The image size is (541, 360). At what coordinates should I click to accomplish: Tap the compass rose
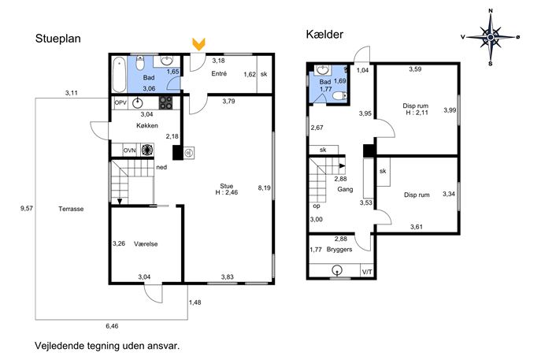click(x=491, y=36)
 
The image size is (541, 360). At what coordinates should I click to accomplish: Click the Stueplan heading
click(x=58, y=39)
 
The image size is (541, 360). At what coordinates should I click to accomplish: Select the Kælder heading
click(x=324, y=35)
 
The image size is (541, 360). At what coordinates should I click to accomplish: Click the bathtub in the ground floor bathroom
click(x=120, y=75)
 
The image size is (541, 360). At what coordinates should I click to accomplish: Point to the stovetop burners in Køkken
click(x=165, y=102)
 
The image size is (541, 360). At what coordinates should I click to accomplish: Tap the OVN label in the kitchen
click(x=130, y=150)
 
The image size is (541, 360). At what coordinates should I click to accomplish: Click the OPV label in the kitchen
click(x=120, y=102)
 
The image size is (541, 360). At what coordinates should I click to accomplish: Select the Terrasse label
click(x=71, y=209)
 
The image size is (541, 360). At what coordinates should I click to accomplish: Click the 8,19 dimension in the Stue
click(x=265, y=188)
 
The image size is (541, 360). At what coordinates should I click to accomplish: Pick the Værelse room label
click(x=146, y=244)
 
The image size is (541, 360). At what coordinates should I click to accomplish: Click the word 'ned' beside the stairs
click(x=161, y=168)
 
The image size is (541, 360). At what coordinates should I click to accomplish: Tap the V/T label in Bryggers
click(x=367, y=273)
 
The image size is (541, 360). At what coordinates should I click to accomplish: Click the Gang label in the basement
click(x=345, y=189)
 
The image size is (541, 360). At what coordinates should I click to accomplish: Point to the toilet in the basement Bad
click(x=341, y=95)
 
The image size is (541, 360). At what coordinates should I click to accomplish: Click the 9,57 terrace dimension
click(x=27, y=208)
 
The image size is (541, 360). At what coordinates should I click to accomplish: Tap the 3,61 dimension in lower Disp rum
click(x=417, y=227)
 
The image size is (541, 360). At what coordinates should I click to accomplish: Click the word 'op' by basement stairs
click(x=317, y=206)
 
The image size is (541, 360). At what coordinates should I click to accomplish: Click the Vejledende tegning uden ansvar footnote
click(x=107, y=346)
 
